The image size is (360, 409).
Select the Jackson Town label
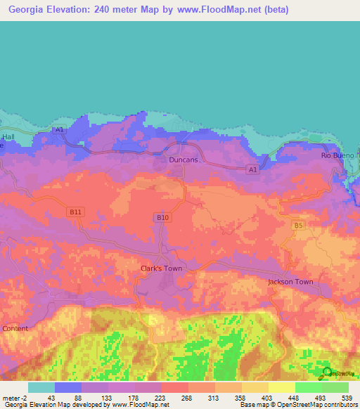[290, 282]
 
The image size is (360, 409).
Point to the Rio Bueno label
[336, 155]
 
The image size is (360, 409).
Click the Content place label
[15, 328]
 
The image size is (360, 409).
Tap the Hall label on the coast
[8, 137]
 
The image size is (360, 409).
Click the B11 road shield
[76, 211]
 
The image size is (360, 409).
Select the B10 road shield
[162, 218]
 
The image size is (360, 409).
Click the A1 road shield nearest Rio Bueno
[252, 169]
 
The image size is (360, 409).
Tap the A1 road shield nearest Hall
[59, 130]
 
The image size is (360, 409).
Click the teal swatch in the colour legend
[41, 387]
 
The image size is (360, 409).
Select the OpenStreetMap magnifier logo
[328, 372]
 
